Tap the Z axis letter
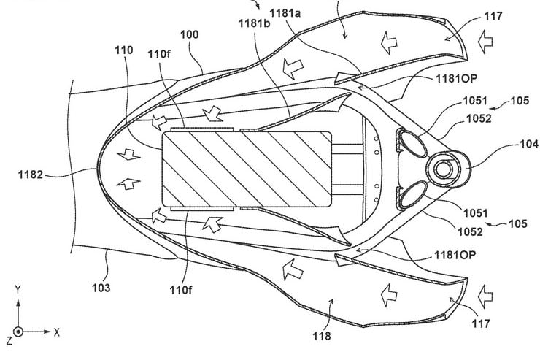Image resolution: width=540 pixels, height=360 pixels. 7,340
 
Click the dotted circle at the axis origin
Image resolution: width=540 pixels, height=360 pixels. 18,331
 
